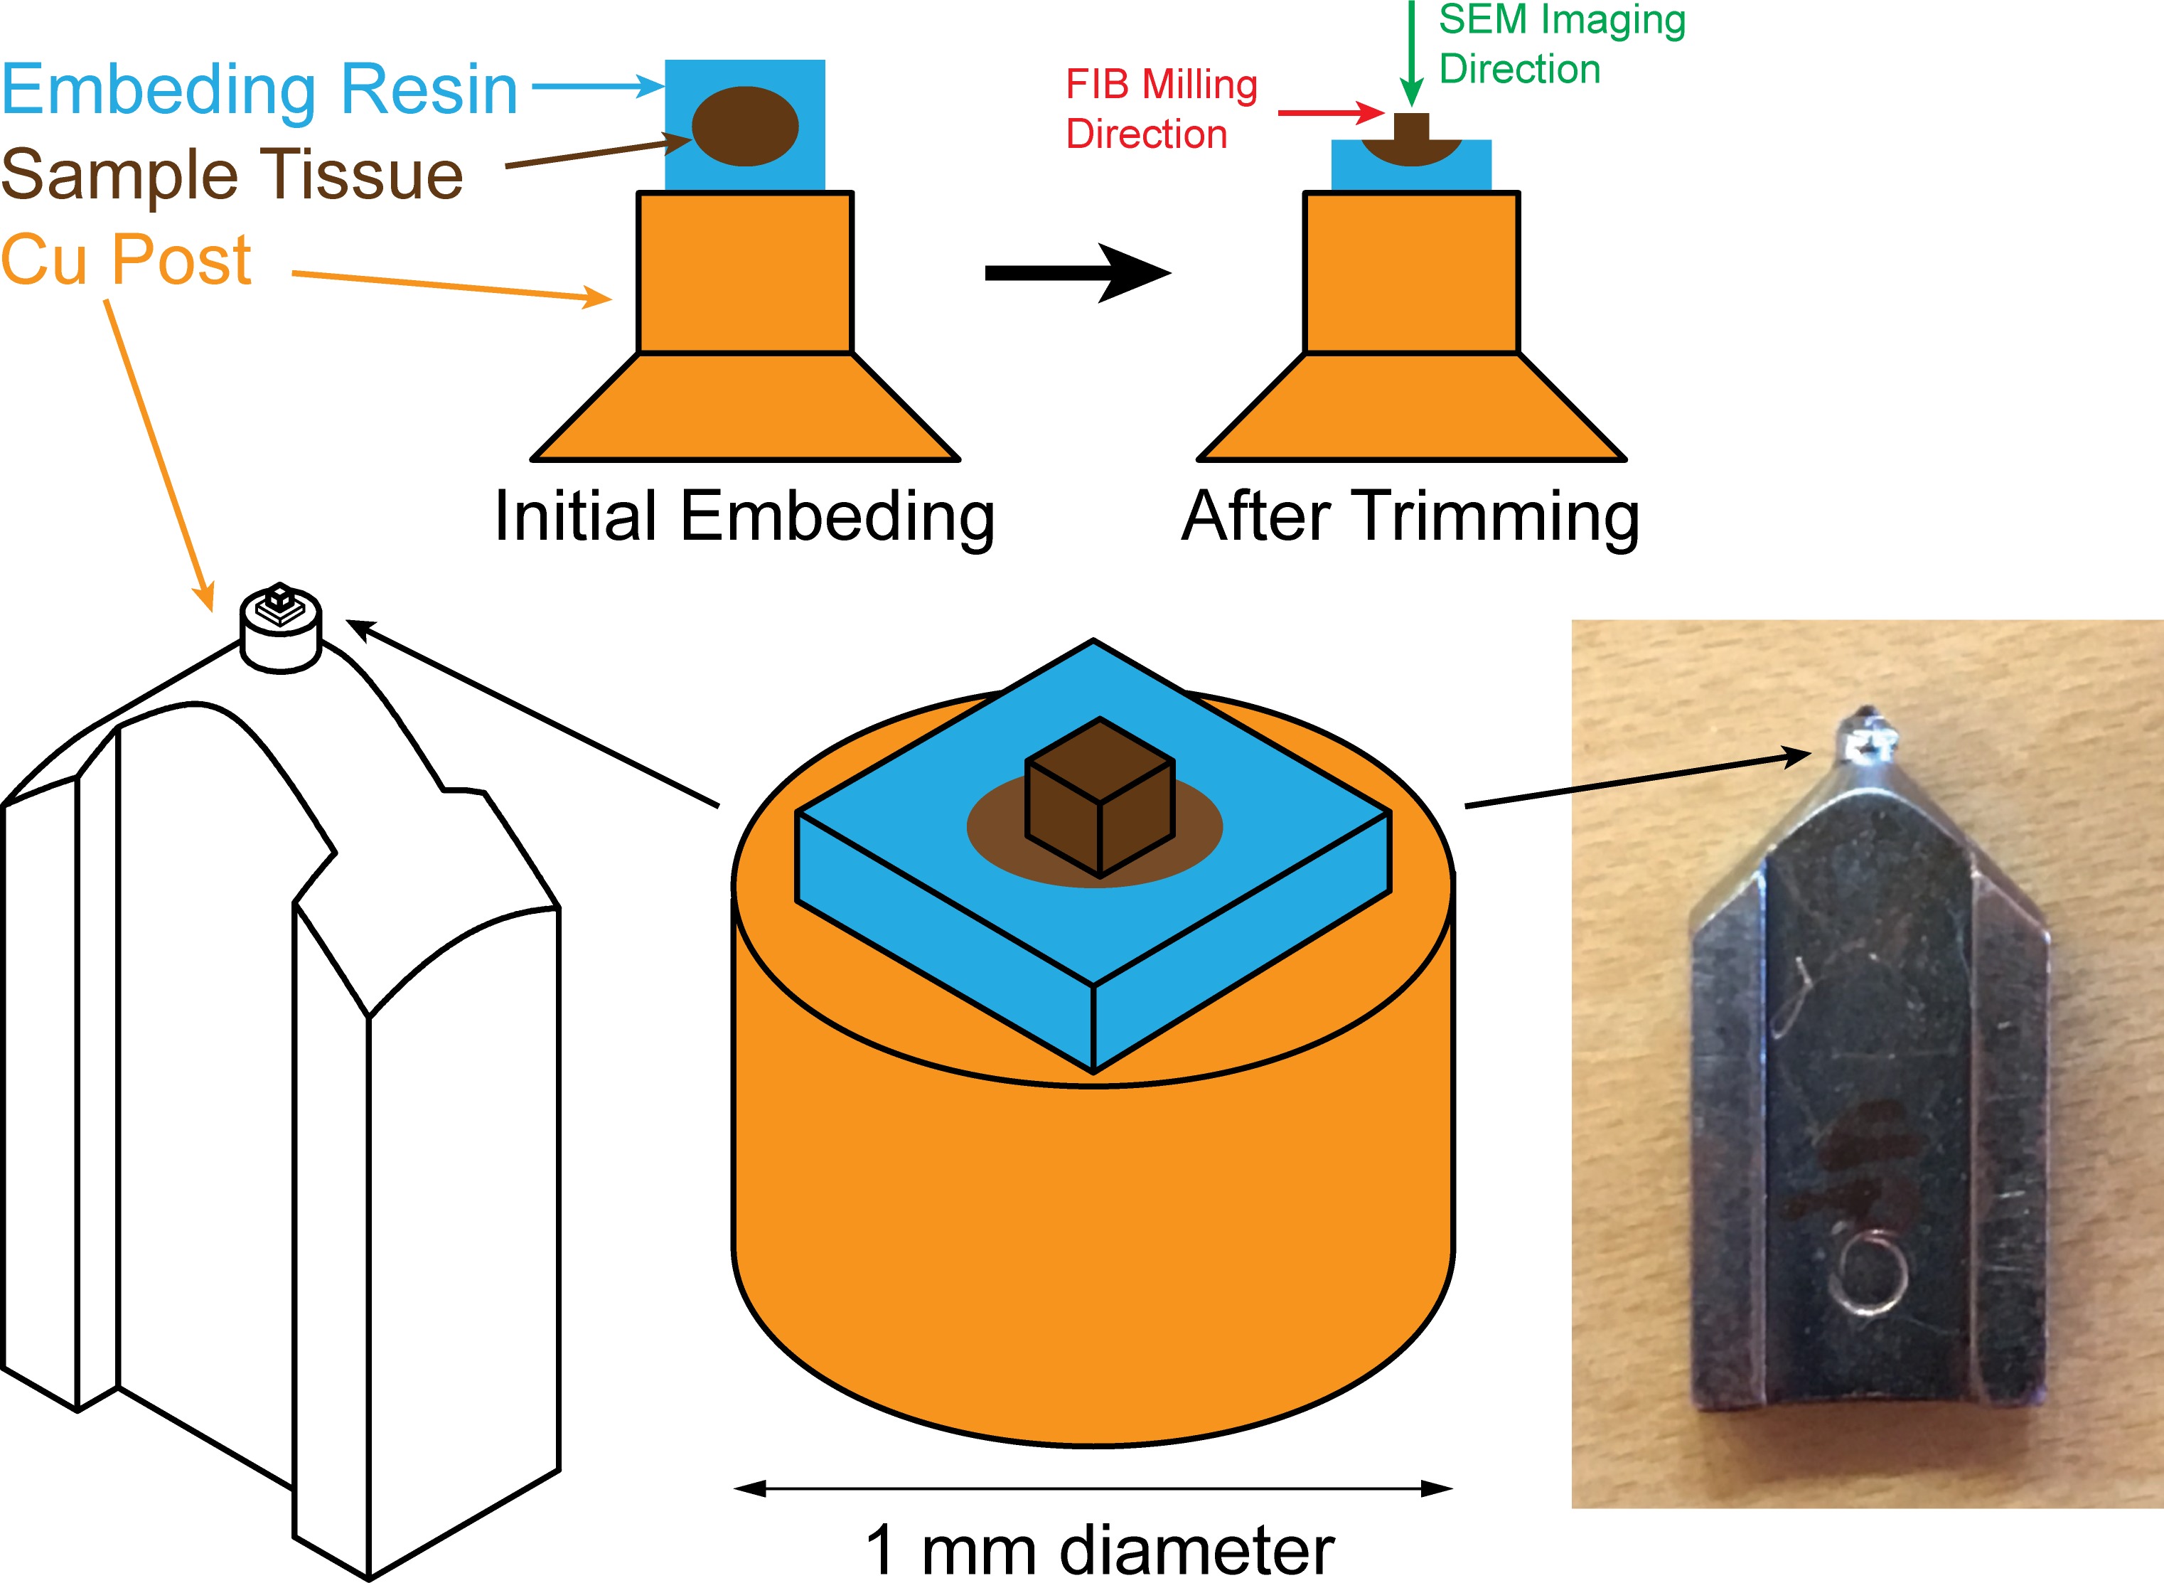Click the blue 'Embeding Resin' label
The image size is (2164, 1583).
point(259,89)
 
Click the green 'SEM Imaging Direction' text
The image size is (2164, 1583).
point(1561,44)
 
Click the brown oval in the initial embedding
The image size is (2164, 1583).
point(745,126)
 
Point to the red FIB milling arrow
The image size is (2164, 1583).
point(1331,113)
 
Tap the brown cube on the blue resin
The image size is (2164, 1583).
point(1099,797)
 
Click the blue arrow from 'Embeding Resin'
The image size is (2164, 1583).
point(596,86)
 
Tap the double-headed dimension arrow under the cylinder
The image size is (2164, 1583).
point(1093,1488)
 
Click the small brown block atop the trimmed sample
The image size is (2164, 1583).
point(1410,127)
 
